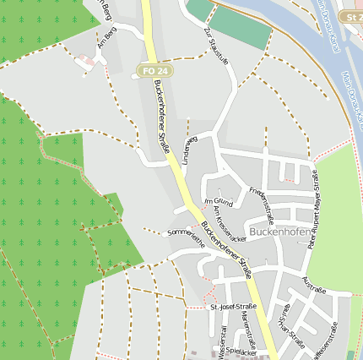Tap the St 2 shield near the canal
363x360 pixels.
pyautogui.click(x=350, y=17)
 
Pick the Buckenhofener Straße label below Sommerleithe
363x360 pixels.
pyautogui.click(x=226, y=249)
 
